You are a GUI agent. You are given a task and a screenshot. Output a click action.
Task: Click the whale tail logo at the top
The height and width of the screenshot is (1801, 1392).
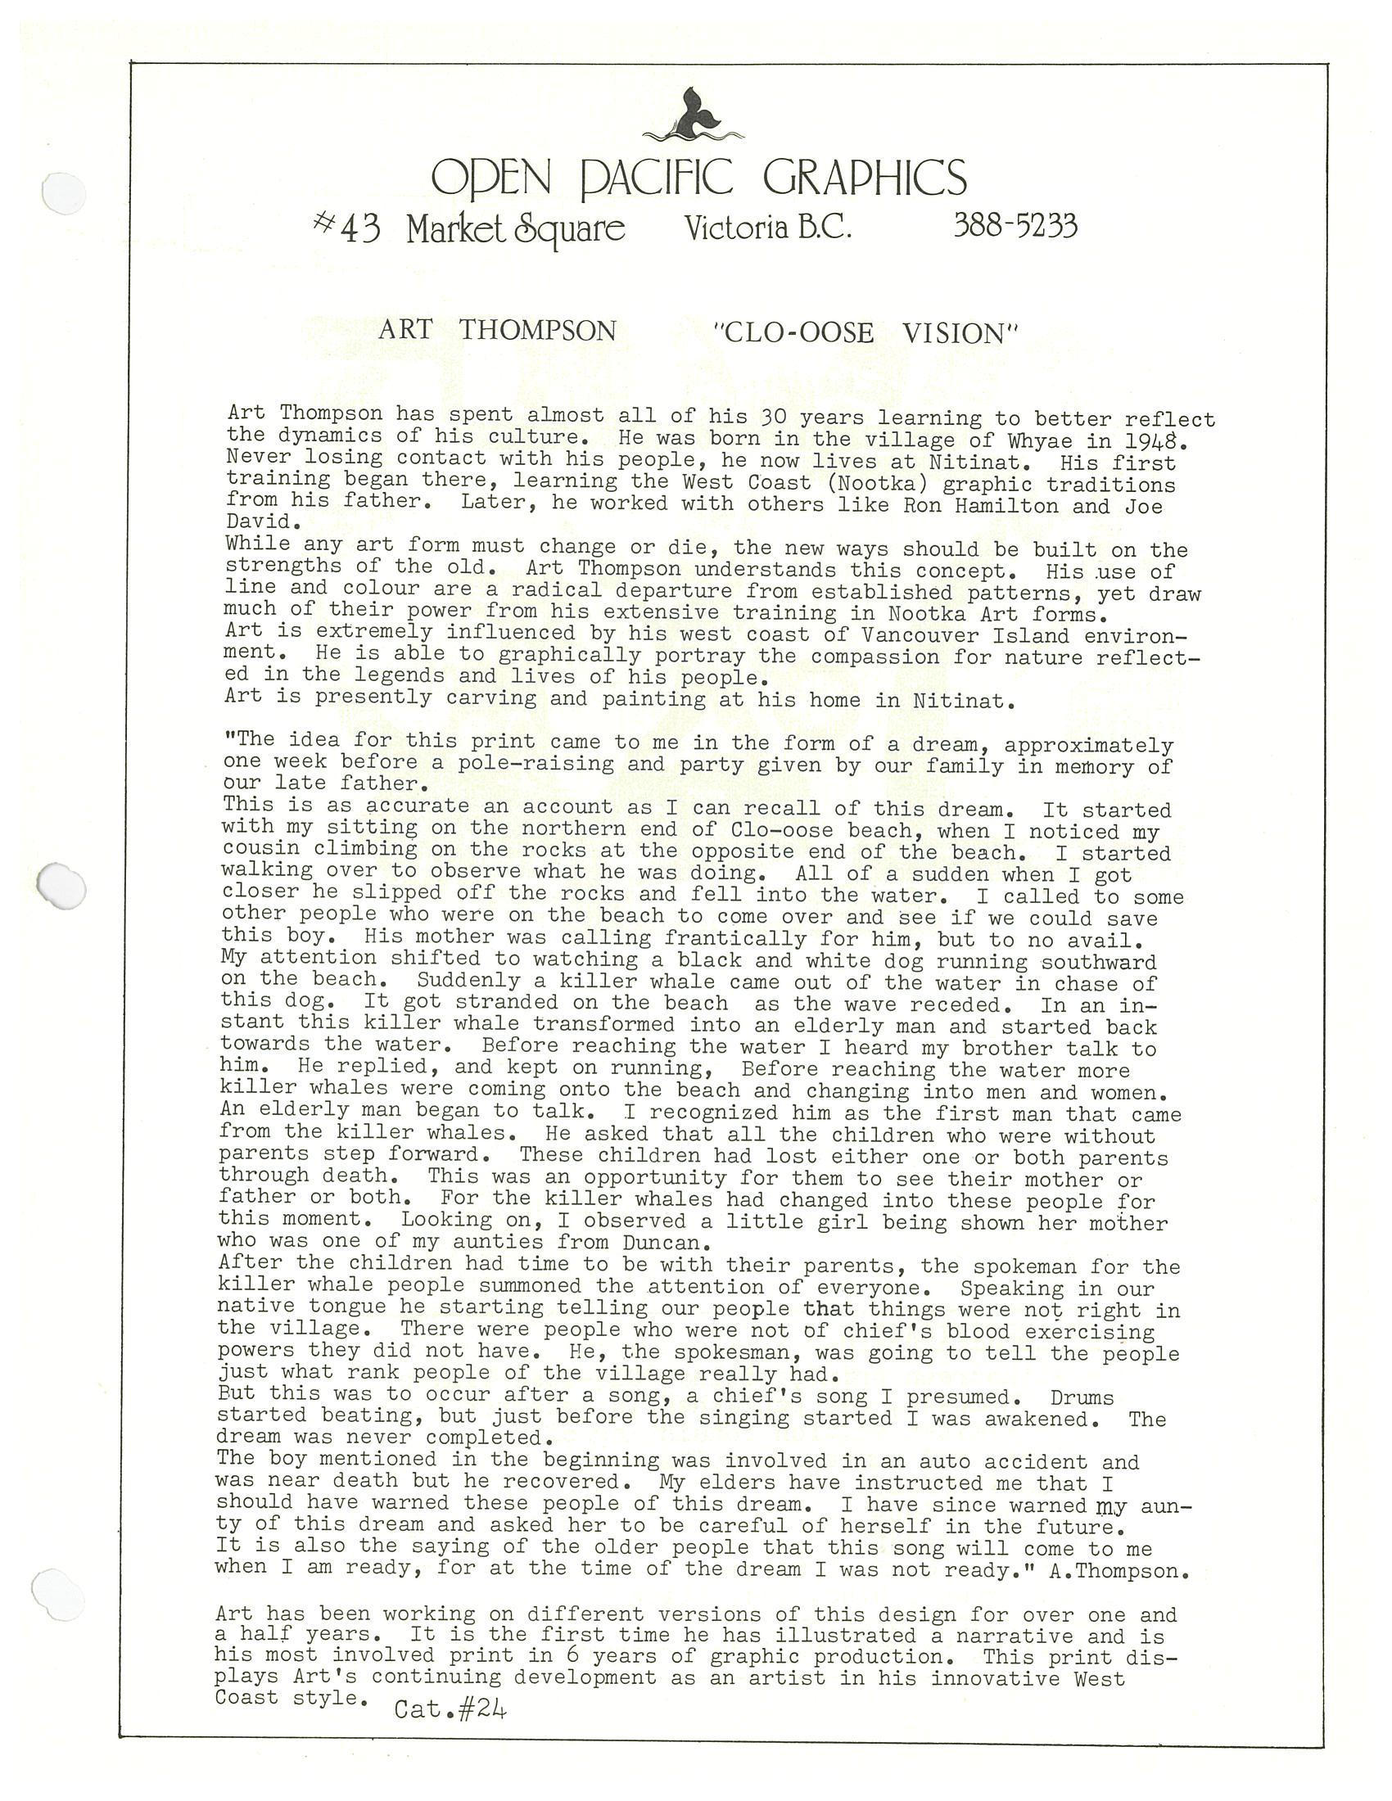pyautogui.click(x=693, y=117)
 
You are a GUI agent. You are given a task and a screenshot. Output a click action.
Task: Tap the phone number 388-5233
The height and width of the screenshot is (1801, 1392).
pyautogui.click(x=1015, y=226)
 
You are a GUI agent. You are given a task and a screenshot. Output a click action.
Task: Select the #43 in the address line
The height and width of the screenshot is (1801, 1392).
pyautogui.click(x=347, y=228)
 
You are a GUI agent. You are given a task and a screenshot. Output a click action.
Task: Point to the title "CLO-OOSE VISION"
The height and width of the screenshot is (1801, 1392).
pyautogui.click(x=865, y=333)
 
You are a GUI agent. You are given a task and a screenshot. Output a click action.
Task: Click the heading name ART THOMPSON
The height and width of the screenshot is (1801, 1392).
pyautogui.click(x=497, y=331)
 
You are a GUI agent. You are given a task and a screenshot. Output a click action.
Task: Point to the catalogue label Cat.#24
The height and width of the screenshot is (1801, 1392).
pyautogui.click(x=450, y=1708)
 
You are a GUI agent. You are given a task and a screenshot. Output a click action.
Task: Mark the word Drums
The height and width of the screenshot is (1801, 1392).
pyautogui.click(x=1082, y=1397)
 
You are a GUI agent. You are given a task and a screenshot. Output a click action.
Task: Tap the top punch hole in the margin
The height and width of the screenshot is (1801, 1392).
pyautogui.click(x=64, y=193)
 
